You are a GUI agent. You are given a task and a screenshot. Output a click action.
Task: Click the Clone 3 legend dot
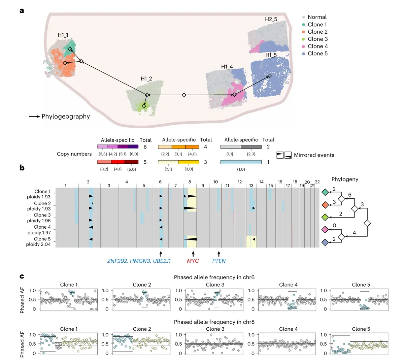(303, 39)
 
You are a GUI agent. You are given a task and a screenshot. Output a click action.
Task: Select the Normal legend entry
(317, 17)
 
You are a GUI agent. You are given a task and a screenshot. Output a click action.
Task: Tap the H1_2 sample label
(146, 78)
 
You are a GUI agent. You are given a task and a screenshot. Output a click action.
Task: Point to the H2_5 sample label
(271, 19)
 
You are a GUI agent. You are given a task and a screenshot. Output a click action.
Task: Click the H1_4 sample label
(227, 67)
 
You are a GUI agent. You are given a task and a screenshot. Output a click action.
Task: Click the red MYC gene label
(193, 261)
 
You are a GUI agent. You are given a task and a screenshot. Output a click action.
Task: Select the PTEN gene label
(219, 261)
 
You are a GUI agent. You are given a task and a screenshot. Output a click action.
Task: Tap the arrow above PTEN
(219, 254)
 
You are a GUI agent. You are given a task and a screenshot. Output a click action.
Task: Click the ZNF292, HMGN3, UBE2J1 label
(139, 261)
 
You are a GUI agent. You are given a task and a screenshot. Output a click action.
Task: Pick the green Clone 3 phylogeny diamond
(325, 217)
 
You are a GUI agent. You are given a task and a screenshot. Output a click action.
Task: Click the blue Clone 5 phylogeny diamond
(325, 242)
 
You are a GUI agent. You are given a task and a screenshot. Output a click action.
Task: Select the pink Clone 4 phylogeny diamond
(325, 230)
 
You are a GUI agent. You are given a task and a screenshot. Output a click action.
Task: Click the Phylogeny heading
(345, 179)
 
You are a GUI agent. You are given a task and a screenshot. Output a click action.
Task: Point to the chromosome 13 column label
(251, 186)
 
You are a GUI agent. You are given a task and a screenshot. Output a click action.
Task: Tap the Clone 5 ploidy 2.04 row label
(38, 241)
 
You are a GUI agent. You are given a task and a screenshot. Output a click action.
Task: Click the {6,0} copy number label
(134, 154)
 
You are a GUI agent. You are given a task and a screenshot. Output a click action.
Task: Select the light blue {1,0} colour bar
(241, 162)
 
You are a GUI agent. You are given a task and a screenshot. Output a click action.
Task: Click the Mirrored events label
(314, 155)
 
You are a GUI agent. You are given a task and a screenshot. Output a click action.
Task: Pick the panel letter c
(22, 276)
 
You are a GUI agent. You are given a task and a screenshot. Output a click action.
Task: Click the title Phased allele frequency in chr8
(214, 322)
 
